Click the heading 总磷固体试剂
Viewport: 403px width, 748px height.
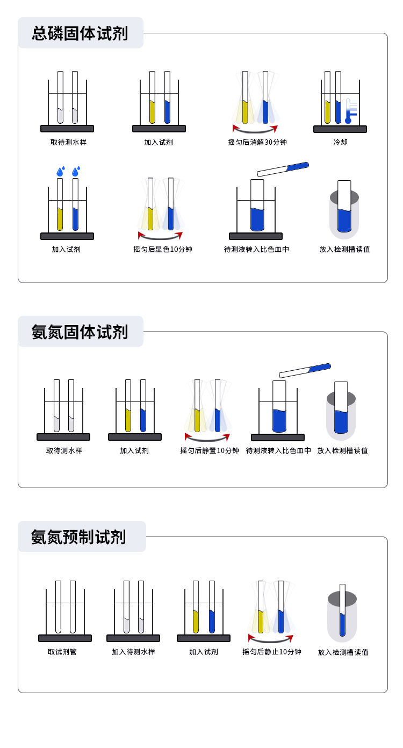80,33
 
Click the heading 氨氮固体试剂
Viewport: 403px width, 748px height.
80,332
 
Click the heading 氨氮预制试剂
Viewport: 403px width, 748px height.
78,537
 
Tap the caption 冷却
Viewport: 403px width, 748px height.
340,142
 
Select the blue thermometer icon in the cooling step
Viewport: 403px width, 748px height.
351,111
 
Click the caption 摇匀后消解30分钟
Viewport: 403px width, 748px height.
257,142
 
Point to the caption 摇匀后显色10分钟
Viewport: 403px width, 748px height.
163,250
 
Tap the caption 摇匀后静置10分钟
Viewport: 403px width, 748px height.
210,450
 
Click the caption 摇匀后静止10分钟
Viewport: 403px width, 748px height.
272,652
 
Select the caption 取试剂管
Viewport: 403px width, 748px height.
62,652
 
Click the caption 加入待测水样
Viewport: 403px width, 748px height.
133,652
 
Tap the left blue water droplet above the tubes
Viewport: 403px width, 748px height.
61,171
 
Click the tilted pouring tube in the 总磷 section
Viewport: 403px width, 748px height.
283,170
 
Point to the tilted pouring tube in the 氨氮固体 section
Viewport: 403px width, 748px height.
305,370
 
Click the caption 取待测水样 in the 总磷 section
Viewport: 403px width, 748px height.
68,142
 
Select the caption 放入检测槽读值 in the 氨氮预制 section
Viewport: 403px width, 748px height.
343,652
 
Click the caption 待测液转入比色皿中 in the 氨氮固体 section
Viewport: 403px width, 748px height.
278,450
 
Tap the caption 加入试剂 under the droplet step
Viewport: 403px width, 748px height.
66,250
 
